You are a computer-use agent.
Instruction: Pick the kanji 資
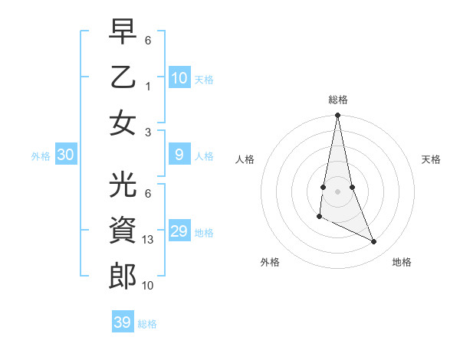point(123,231)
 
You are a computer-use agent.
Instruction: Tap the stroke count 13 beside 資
point(149,240)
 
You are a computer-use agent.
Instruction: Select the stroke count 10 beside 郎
point(149,286)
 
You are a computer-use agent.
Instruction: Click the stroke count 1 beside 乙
point(148,86)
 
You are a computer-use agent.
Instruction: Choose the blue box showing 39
point(123,322)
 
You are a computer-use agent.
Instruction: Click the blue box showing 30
point(66,155)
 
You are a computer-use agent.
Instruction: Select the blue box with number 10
point(179,78)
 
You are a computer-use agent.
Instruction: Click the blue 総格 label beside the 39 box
point(147,324)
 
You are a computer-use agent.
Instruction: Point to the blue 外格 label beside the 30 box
point(41,156)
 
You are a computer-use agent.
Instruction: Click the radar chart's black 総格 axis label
point(338,100)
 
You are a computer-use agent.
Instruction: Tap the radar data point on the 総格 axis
point(338,116)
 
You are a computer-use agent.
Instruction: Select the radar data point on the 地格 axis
point(374,242)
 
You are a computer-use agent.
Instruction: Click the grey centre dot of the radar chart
point(338,191)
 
